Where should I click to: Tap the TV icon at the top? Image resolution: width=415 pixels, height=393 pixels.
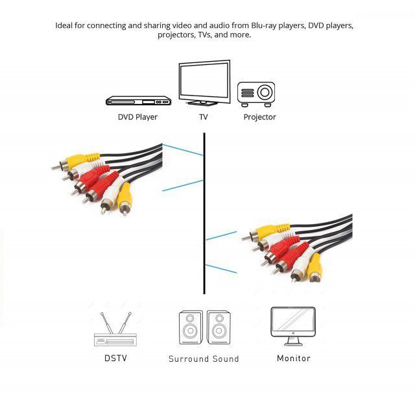click(x=204, y=83)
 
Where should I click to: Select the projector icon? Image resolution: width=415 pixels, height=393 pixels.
click(x=255, y=94)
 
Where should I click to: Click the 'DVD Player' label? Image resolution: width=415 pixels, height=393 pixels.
click(x=137, y=118)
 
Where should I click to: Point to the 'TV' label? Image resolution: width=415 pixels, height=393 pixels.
click(x=204, y=118)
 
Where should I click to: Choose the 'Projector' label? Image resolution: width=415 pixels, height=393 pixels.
click(x=259, y=118)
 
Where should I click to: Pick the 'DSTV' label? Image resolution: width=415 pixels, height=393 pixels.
click(x=115, y=359)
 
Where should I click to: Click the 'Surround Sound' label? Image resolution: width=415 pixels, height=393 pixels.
click(x=204, y=359)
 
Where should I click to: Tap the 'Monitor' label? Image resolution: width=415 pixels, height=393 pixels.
click(x=293, y=359)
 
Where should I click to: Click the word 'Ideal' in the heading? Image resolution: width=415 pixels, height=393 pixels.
click(x=65, y=25)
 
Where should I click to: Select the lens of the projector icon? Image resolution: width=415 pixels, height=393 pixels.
click(x=264, y=92)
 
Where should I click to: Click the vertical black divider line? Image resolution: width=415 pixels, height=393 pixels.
click(x=204, y=214)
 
